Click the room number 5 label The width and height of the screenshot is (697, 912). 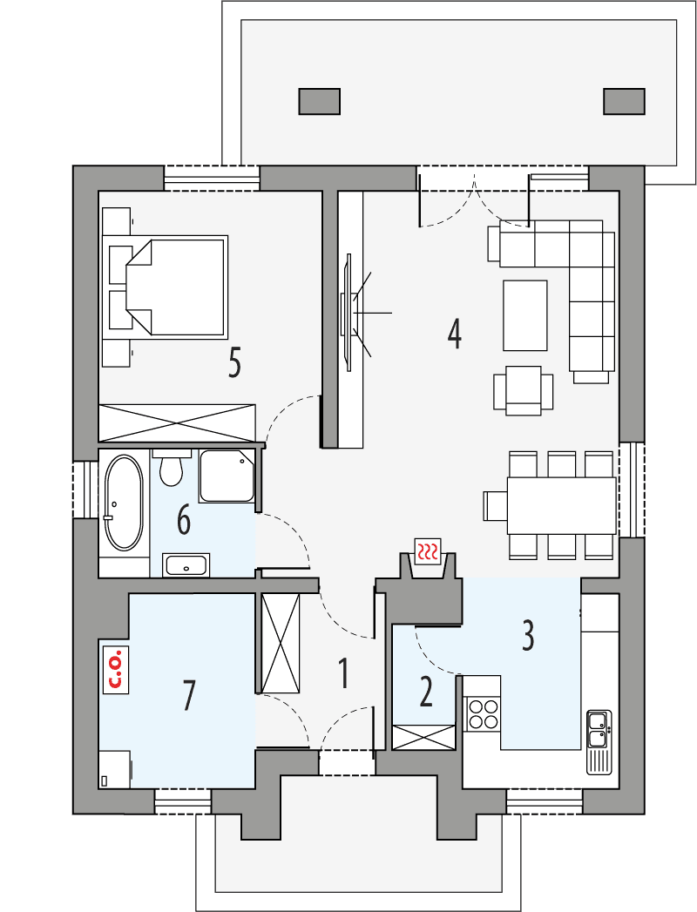[233, 363]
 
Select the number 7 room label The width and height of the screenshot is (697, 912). [189, 695]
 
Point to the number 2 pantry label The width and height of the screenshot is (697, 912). [425, 692]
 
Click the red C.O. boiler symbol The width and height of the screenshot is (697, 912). [114, 668]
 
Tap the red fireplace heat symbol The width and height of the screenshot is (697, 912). [427, 551]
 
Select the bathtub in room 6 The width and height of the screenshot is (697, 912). [123, 503]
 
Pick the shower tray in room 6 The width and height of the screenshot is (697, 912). [227, 476]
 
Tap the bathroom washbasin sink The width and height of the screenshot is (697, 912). [186, 565]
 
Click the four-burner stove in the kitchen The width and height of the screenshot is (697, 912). [484, 714]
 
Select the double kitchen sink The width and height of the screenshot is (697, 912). [599, 730]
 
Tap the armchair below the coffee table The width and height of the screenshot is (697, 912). [523, 388]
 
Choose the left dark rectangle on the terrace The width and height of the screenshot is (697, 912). [319, 101]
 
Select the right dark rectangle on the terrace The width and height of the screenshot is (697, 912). [625, 101]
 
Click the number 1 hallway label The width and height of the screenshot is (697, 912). [343, 672]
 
